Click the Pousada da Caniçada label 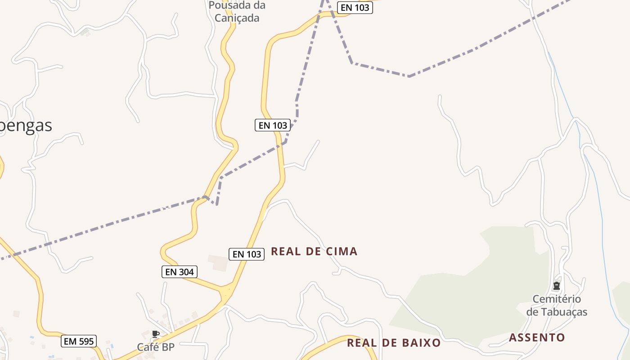click(237, 12)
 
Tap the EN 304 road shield click(180, 272)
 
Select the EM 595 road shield click(79, 341)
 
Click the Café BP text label click(156, 347)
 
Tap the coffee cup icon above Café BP click(156, 334)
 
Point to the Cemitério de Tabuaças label click(557, 306)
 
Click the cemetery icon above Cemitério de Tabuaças click(557, 286)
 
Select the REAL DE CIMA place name click(314, 252)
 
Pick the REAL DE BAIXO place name click(394, 343)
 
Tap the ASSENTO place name click(537, 337)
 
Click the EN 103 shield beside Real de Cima click(247, 254)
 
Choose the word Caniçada click(237, 18)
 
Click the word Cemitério click(557, 299)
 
